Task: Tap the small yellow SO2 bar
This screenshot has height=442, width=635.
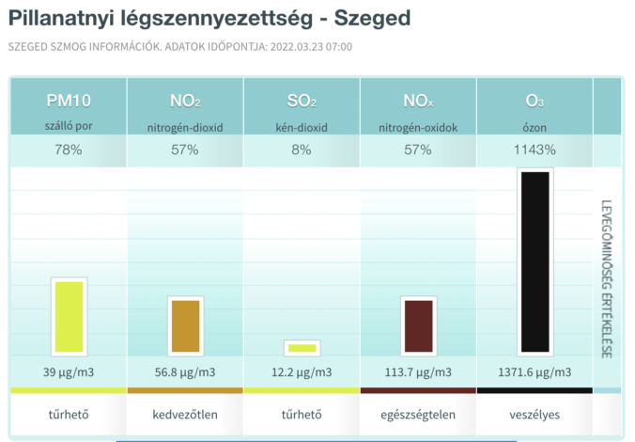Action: click(302, 348)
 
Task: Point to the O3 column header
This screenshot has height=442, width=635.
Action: click(535, 101)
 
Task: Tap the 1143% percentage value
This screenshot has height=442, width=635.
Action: click(535, 150)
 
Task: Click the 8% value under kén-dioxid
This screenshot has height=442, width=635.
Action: click(302, 150)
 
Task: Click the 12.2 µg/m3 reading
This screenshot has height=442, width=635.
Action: click(302, 372)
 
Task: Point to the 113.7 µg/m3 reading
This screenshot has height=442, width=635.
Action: click(418, 372)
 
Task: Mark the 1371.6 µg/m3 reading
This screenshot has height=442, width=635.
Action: click(535, 372)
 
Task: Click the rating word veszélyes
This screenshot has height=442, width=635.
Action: click(535, 414)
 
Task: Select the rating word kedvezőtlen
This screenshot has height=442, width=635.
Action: click(185, 414)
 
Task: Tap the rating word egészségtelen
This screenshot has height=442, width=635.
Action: click(418, 414)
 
